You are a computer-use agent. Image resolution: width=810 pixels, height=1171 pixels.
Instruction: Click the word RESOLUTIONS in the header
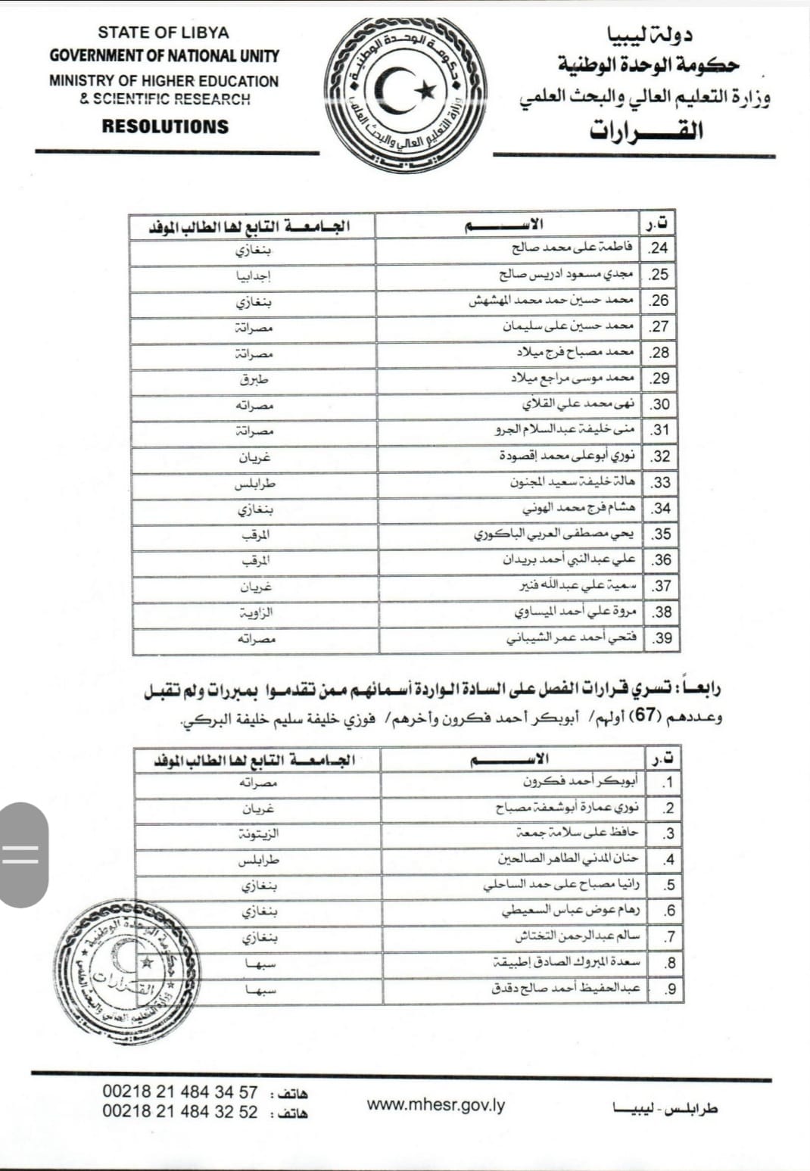[165, 126]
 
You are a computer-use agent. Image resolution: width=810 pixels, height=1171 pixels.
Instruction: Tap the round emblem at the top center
[406, 94]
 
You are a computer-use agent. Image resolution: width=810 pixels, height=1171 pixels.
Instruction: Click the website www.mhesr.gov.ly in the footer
[436, 1104]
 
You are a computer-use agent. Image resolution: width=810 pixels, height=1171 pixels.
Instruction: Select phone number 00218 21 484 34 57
[180, 1092]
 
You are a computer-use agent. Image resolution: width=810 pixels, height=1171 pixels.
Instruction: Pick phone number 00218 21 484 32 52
[180, 1112]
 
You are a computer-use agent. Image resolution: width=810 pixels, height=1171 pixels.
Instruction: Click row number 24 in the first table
[659, 248]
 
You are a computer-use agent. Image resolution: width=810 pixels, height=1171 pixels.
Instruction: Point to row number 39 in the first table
[662, 638]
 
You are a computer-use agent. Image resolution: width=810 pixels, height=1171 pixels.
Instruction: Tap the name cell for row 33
[572, 482]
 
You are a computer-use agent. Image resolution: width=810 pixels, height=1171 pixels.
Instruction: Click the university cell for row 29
[254, 379]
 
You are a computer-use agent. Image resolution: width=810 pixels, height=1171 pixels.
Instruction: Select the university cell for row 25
[254, 276]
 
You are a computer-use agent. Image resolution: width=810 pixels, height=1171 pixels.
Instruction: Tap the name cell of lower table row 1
[580, 782]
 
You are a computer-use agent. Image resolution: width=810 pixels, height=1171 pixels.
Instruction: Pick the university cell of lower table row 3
[258, 833]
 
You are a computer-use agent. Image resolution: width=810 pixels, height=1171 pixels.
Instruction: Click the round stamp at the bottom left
[127, 973]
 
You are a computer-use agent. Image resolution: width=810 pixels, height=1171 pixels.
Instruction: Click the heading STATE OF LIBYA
[163, 33]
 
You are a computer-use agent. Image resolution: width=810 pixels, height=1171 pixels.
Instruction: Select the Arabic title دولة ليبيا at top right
[649, 35]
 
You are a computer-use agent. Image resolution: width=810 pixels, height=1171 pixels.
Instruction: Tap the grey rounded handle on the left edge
[23, 855]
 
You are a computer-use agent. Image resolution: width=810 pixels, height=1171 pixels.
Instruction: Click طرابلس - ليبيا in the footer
[665, 1109]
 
